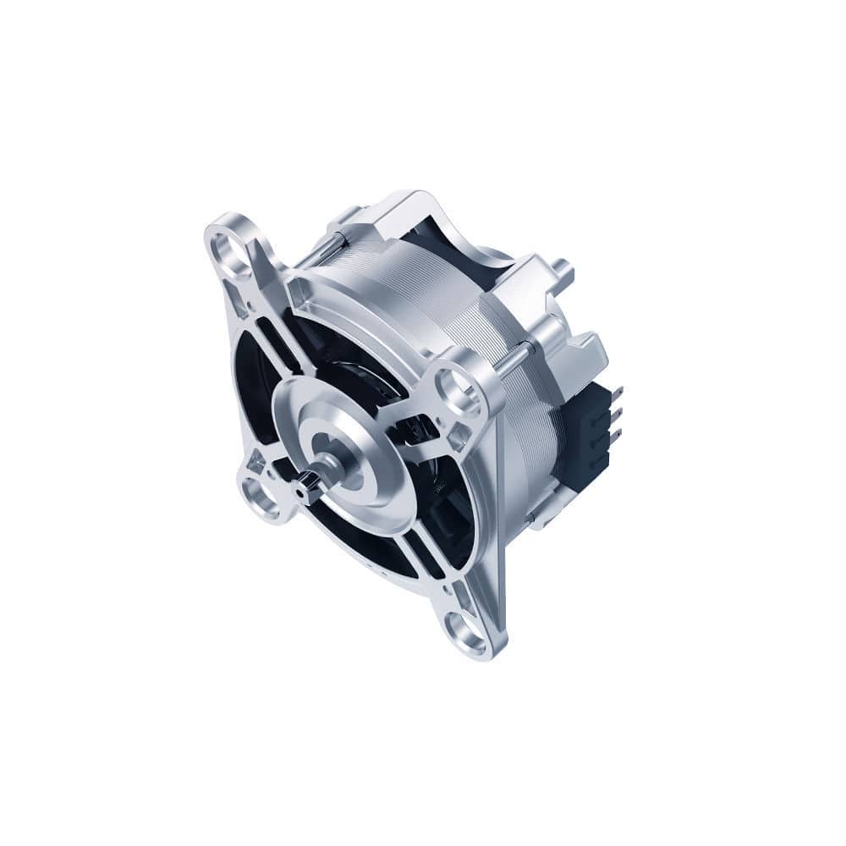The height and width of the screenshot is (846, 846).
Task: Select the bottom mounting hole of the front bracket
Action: point(467,629)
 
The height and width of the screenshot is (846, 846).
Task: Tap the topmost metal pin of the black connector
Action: point(618,392)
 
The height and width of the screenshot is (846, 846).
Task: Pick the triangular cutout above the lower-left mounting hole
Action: point(256,462)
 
